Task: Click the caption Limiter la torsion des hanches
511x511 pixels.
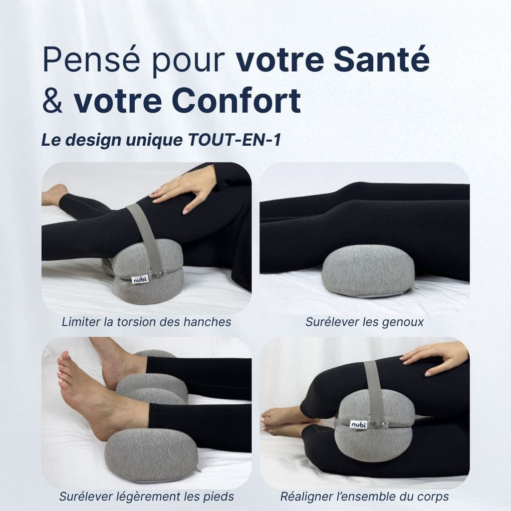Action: click(146, 322)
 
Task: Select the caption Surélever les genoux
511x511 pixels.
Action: click(364, 322)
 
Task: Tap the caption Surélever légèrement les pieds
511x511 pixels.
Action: click(146, 497)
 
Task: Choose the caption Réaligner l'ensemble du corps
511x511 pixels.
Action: click(364, 497)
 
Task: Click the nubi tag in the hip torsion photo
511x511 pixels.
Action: click(140, 279)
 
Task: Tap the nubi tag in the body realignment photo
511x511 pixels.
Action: click(357, 424)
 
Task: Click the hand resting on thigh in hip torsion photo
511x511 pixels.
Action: click(185, 191)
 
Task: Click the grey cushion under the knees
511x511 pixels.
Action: click(368, 271)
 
